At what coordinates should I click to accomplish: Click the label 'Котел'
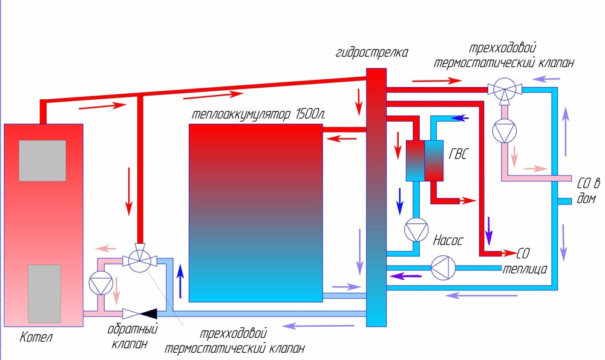pyautogui.click(x=36, y=338)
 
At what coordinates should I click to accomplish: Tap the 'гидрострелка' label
pyautogui.click(x=371, y=53)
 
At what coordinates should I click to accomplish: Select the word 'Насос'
pyautogui.click(x=448, y=241)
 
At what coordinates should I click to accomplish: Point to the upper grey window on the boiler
pyautogui.click(x=42, y=160)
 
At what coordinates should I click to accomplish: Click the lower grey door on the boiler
pyautogui.click(x=44, y=293)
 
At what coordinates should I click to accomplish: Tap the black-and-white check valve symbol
pyautogui.click(x=140, y=313)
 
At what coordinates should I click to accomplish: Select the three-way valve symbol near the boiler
pyautogui.click(x=140, y=261)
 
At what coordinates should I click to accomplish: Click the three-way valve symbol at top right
pyautogui.click(x=503, y=90)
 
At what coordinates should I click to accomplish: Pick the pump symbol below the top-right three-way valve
pyautogui.click(x=503, y=131)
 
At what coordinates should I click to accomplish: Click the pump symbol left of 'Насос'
pyautogui.click(x=416, y=231)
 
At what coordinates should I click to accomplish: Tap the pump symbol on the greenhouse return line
pyautogui.click(x=443, y=269)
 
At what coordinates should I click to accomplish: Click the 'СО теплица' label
pyautogui.click(x=525, y=260)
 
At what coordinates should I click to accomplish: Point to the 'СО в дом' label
pyautogui.click(x=587, y=190)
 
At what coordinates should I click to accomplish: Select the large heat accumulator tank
pyautogui.click(x=256, y=212)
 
